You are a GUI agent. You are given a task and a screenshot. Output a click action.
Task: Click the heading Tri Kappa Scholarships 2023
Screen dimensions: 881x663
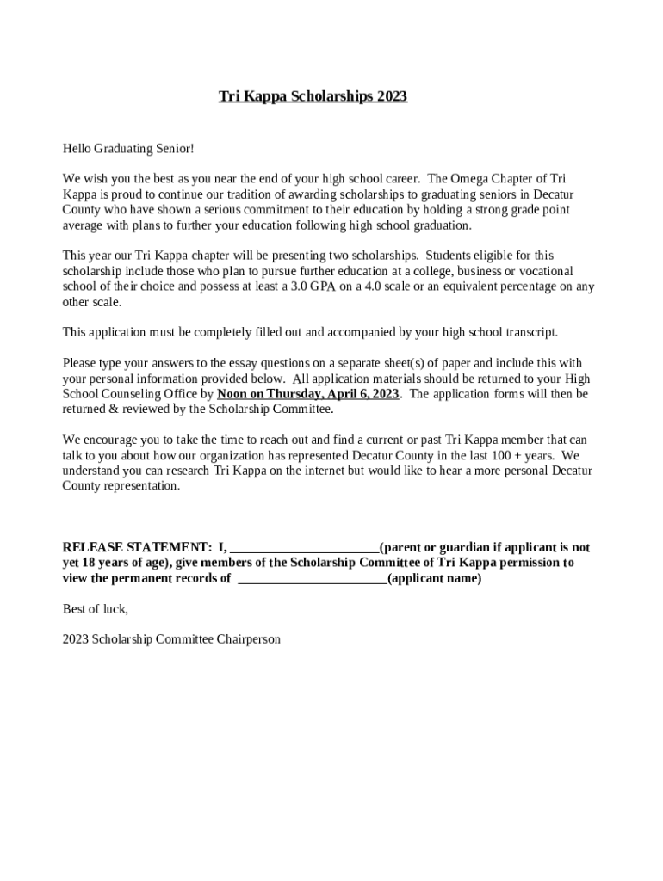[313, 96]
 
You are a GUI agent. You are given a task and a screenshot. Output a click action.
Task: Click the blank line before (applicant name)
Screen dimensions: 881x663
[312, 580]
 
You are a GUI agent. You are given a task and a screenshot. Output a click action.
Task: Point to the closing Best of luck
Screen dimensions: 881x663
[96, 609]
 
